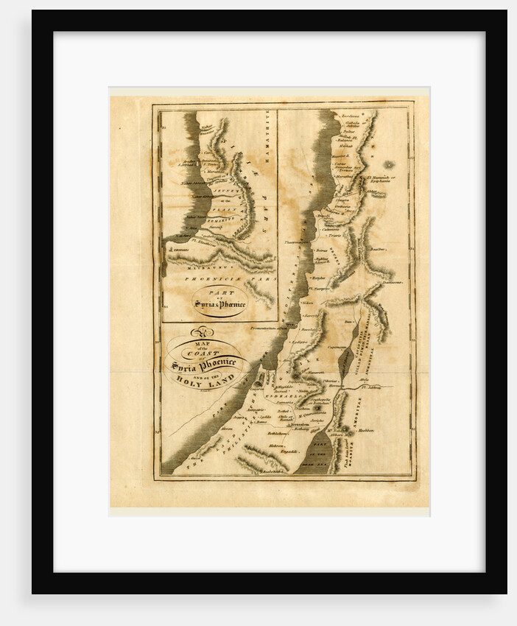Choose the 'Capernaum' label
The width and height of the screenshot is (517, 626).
pyautogui.click(x=337, y=349)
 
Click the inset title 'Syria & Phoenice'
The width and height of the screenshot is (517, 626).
pyautogui.click(x=220, y=303)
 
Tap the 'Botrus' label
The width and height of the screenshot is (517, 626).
pyautogui.click(x=319, y=280)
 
